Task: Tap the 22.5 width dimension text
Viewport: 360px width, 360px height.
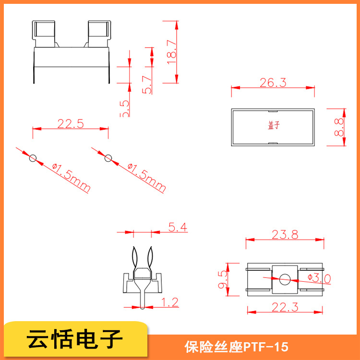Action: [71, 124]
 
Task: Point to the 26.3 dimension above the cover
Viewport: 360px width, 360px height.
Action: [273, 83]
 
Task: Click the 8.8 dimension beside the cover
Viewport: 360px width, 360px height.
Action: [339, 127]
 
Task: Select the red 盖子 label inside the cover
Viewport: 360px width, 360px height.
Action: [273, 126]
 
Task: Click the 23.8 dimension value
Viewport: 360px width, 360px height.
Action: [285, 235]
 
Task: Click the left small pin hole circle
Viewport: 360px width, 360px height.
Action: [33, 158]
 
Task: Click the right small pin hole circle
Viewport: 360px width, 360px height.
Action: [108, 158]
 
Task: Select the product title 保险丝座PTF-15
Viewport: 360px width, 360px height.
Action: [236, 346]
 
